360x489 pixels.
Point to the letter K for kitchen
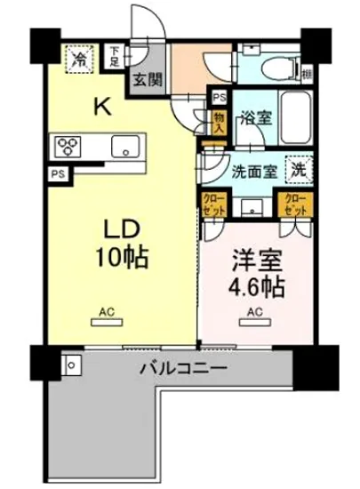(104, 108)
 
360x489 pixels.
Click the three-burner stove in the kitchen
(69, 145)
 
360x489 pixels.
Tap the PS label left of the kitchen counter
(58, 174)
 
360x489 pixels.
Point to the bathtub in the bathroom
(291, 116)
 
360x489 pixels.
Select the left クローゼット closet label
(214, 204)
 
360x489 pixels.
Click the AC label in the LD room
(108, 312)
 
